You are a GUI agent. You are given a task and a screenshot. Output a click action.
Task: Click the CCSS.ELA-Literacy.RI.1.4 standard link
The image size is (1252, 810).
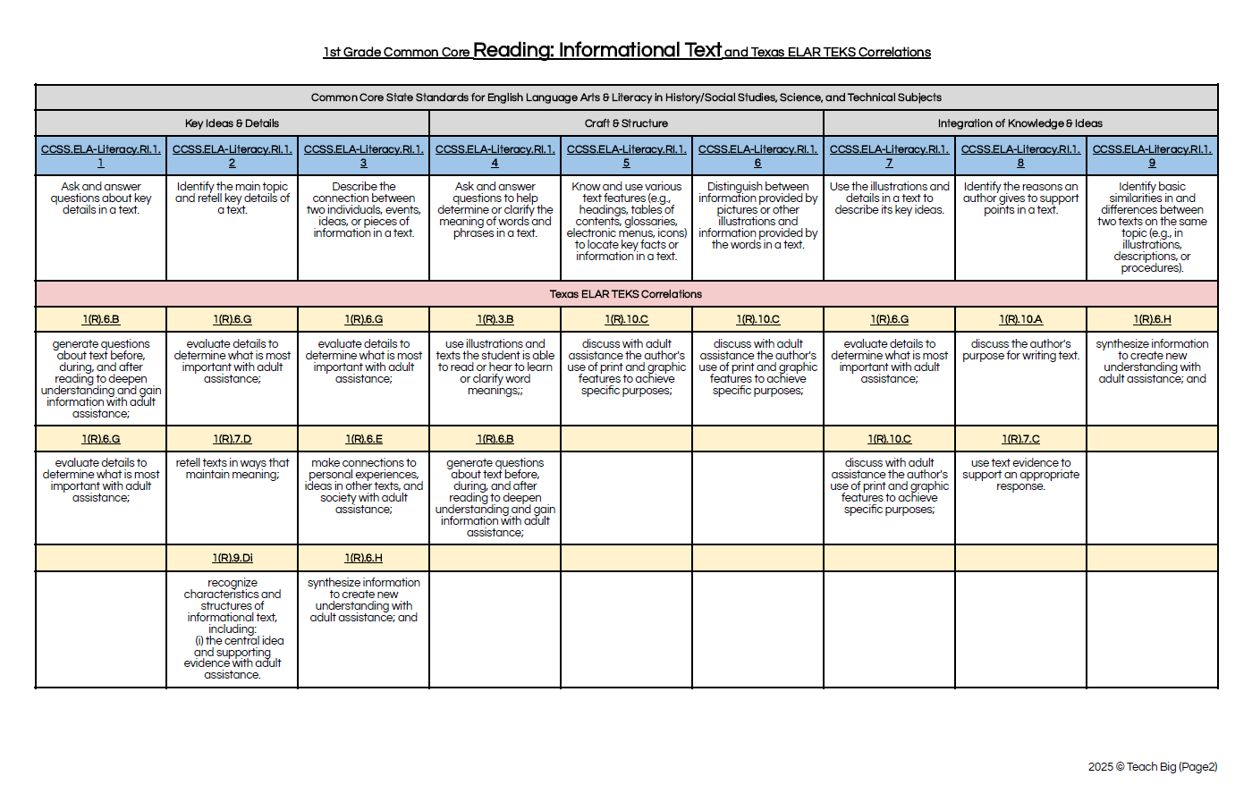click(495, 156)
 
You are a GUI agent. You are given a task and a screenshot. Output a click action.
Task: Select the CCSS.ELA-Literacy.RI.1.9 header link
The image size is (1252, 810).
click(1152, 156)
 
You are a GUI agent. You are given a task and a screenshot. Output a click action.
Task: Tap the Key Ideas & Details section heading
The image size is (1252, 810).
click(232, 123)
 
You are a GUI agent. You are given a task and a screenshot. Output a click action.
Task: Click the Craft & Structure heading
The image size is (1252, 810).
click(626, 123)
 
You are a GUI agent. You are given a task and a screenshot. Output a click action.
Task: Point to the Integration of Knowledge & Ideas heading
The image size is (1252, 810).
click(1019, 123)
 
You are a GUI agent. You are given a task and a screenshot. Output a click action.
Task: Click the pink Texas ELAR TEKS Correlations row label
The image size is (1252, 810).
click(626, 294)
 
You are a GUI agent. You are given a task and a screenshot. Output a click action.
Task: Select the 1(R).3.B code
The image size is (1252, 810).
click(495, 319)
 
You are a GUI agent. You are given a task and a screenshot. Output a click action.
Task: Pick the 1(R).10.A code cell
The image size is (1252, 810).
click(1020, 319)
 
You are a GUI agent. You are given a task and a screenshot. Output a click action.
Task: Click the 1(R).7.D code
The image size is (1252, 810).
click(232, 439)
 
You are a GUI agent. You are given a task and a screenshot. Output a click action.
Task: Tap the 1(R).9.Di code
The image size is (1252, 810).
click(232, 558)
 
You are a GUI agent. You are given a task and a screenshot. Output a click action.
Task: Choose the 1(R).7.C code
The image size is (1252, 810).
click(1020, 439)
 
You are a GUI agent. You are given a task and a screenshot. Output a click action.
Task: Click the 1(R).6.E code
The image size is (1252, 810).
click(363, 439)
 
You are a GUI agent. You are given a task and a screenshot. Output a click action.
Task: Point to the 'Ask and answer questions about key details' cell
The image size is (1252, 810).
click(101, 198)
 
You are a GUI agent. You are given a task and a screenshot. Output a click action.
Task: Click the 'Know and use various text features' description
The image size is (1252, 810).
click(626, 222)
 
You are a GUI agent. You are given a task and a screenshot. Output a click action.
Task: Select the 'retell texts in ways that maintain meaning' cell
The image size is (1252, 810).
click(232, 468)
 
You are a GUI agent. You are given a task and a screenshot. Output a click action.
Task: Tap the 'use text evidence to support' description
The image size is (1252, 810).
click(1020, 475)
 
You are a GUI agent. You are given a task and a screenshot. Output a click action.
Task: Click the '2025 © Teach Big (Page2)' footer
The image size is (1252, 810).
click(1152, 767)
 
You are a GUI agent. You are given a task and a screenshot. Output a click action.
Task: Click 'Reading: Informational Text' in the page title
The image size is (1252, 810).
click(596, 50)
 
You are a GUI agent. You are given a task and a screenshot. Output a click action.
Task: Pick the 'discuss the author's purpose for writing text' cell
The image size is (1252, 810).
click(1020, 350)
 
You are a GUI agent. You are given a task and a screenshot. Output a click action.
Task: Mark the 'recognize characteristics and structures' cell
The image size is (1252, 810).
click(232, 629)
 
